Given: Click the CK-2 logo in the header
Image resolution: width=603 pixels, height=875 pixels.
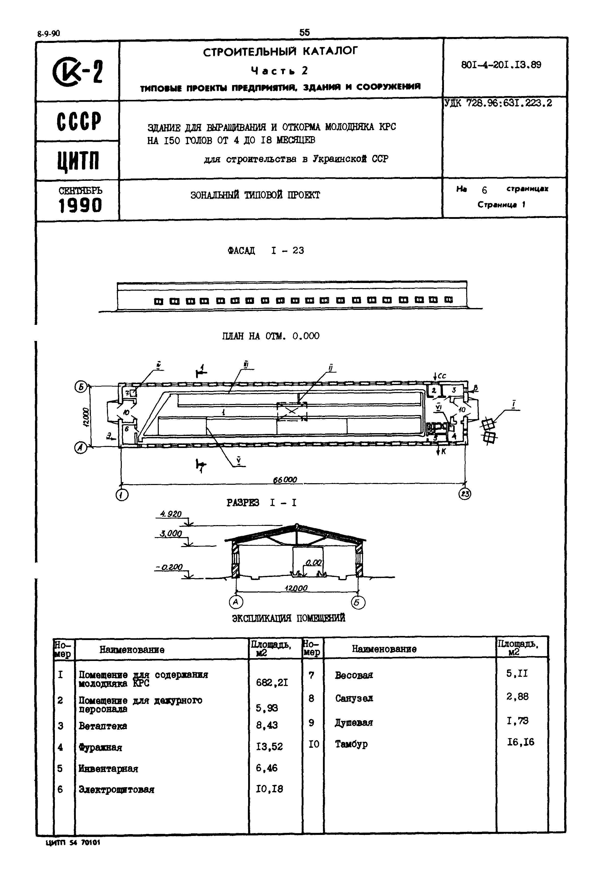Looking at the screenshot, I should [x=77, y=72].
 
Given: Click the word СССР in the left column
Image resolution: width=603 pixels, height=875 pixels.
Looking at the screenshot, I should [x=79, y=122].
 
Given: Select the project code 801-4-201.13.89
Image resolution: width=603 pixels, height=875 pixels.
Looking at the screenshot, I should [x=501, y=65].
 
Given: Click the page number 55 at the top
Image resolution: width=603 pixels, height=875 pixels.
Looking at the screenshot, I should [x=304, y=32].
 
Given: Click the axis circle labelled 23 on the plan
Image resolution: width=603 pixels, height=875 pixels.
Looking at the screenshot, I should [x=464, y=494].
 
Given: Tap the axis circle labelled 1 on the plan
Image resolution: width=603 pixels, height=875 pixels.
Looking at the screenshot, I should [x=122, y=495].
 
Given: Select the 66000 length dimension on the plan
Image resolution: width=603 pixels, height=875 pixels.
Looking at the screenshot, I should [x=285, y=480].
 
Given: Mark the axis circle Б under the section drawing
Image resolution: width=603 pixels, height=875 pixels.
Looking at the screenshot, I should [x=358, y=602].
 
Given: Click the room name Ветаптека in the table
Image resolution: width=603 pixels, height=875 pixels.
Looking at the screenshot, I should [x=103, y=726].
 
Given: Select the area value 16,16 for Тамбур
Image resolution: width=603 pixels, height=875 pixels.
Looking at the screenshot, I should [x=521, y=742].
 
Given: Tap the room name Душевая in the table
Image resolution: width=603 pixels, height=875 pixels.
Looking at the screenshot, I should [x=354, y=722].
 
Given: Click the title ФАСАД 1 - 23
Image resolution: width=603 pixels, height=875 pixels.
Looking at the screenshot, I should [x=266, y=251].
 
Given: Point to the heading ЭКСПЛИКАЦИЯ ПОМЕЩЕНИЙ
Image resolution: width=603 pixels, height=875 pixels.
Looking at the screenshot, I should [x=288, y=618].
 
